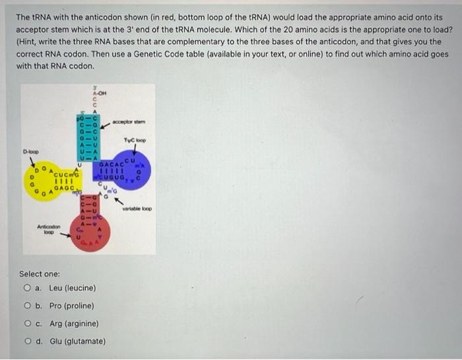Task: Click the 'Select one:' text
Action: point(39,273)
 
